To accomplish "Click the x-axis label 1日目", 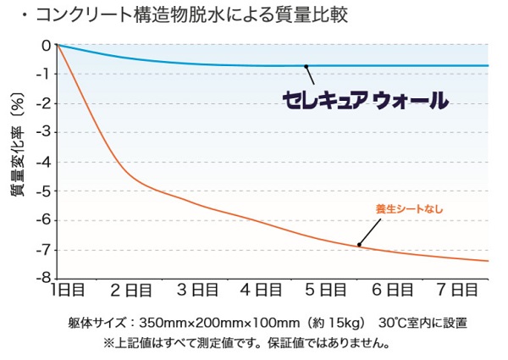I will point(68,291).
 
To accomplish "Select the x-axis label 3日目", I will point(199,291).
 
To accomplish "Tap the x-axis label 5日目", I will point(326,291).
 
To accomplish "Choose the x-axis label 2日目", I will point(133,291).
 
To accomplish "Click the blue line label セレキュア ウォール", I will point(365,102).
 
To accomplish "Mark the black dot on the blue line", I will point(306,66).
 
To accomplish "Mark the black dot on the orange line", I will point(359,246).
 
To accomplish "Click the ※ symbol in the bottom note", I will point(108,343).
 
